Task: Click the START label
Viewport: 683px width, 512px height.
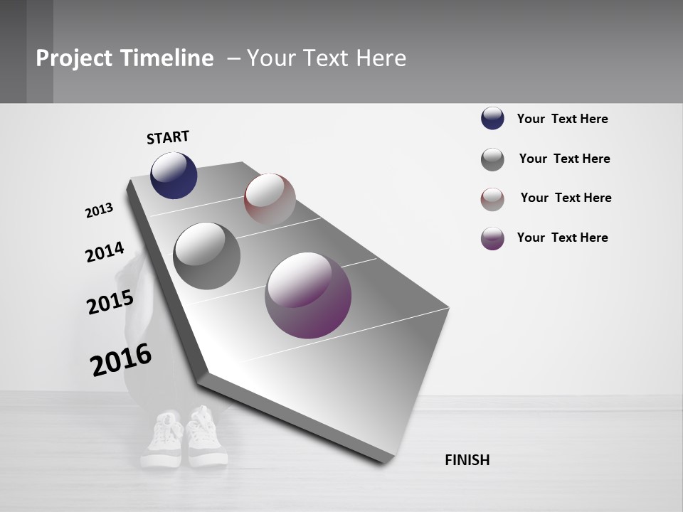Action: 168,137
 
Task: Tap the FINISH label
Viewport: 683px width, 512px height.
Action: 467,460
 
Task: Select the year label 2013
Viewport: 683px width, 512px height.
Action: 99,210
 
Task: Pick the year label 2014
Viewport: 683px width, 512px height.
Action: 105,252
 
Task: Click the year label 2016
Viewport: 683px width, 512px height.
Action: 121,359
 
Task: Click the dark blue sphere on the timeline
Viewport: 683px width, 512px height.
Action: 174,176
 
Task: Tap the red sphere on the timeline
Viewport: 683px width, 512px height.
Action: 270,199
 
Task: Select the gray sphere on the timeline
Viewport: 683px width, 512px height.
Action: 207,256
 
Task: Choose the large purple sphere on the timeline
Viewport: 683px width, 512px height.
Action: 308,295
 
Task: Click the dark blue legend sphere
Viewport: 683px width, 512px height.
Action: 492,118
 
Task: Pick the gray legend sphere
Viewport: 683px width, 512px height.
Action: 492,159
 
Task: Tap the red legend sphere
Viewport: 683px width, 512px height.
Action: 492,199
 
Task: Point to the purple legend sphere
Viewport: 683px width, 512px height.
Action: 492,238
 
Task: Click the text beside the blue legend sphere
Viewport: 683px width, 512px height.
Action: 562,119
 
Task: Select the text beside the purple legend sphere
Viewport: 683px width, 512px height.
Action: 562,238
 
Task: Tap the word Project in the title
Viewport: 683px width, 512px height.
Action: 73,58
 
